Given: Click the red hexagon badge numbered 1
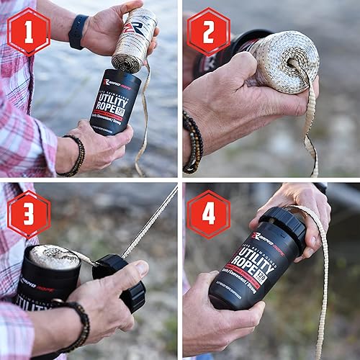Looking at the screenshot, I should [29, 31].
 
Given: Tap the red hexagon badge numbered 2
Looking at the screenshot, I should [209, 31].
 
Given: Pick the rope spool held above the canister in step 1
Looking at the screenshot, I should [134, 40].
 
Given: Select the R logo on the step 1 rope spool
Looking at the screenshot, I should [129, 29].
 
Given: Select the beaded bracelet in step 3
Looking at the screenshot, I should [76, 324].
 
